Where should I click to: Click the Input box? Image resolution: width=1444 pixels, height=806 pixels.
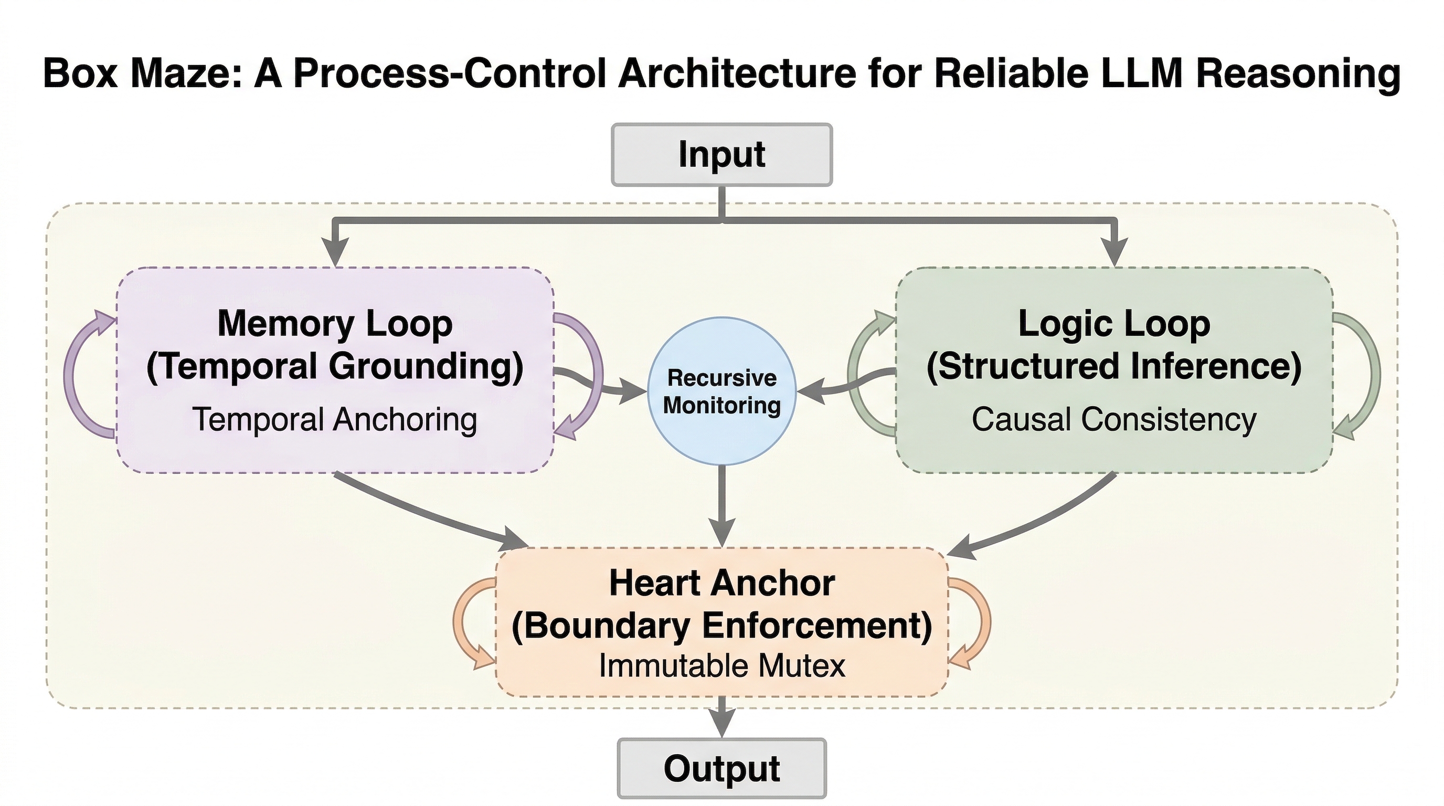[x=721, y=155]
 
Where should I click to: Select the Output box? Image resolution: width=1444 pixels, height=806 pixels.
[x=721, y=768]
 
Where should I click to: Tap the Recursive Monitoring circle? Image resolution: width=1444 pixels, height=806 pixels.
[x=721, y=391]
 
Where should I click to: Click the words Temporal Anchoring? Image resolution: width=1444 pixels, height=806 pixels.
[x=335, y=420]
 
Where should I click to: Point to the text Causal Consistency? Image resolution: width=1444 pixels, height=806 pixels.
[x=1114, y=420]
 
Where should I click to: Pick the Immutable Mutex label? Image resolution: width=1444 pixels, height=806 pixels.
[x=722, y=666]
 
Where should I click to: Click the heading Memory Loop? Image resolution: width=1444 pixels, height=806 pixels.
[x=335, y=324]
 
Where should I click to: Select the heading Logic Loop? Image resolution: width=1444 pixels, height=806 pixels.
[x=1114, y=324]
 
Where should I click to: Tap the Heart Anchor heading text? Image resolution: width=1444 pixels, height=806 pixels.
[x=722, y=583]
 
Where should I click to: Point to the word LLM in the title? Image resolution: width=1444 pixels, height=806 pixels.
[x=1138, y=73]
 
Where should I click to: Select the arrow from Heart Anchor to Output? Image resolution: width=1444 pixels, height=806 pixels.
[x=722, y=717]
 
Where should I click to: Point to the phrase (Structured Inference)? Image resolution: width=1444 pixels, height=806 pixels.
[x=1114, y=367]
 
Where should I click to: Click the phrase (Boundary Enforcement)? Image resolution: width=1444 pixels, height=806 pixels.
[x=722, y=625]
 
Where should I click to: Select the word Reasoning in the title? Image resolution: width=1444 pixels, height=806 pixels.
[x=1298, y=73]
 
